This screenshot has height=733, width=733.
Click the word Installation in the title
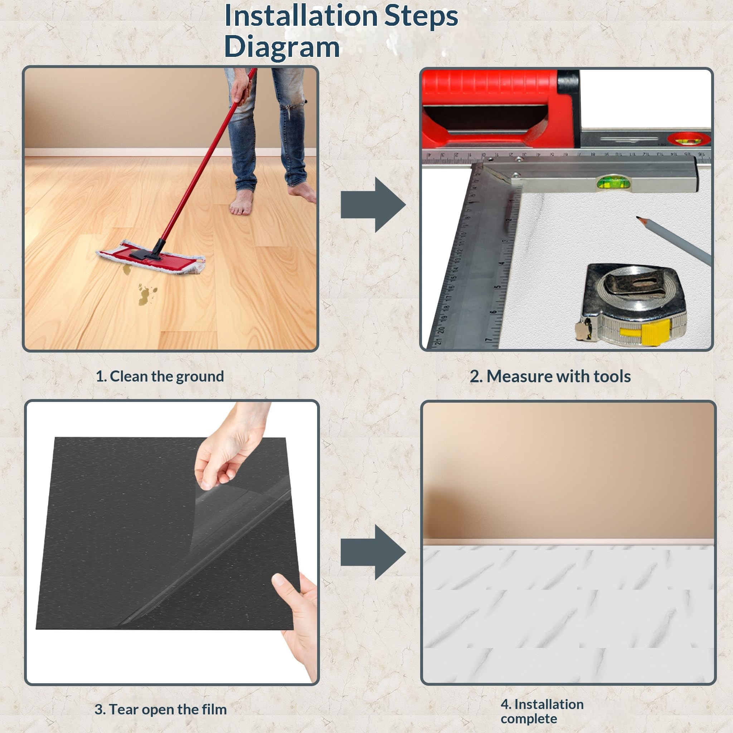click(x=301, y=16)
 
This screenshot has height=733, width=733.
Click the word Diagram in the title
click(x=282, y=47)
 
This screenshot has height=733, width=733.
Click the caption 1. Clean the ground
click(x=160, y=377)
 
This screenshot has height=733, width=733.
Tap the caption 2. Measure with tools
click(x=550, y=377)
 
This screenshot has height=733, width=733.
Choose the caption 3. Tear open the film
click(x=160, y=709)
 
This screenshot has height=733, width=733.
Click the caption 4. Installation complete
click(x=542, y=712)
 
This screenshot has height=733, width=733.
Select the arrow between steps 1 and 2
click(x=373, y=204)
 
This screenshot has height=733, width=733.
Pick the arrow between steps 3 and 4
click(x=373, y=552)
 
